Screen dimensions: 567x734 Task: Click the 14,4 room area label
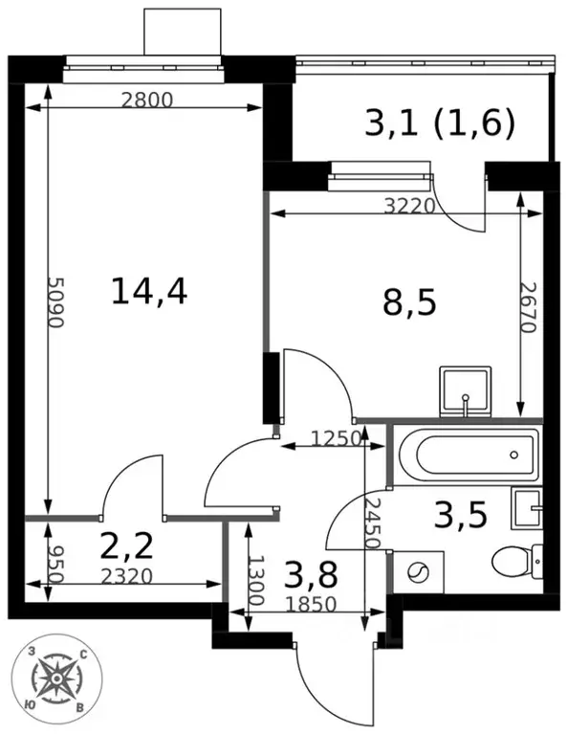(x=149, y=291)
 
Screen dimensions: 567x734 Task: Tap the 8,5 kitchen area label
(x=409, y=302)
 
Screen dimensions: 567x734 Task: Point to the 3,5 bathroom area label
(x=461, y=514)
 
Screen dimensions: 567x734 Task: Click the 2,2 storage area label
(x=127, y=545)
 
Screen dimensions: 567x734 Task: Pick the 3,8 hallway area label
(x=311, y=575)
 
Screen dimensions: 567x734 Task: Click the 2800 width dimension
(x=147, y=100)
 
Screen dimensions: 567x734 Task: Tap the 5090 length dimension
(x=55, y=302)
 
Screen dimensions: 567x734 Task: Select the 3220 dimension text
(x=410, y=206)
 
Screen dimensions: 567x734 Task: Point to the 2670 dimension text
(x=528, y=307)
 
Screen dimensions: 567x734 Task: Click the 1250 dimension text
(x=337, y=438)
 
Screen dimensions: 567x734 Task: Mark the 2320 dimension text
(x=127, y=576)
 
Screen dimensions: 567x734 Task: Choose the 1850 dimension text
(x=311, y=605)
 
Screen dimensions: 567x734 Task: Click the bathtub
(x=468, y=455)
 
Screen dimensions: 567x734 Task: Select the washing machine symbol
(x=417, y=572)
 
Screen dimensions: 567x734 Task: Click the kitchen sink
(x=466, y=391)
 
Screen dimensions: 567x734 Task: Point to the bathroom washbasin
(x=527, y=508)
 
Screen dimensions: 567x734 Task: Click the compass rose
(x=56, y=678)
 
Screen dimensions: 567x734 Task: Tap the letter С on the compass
(x=83, y=655)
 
